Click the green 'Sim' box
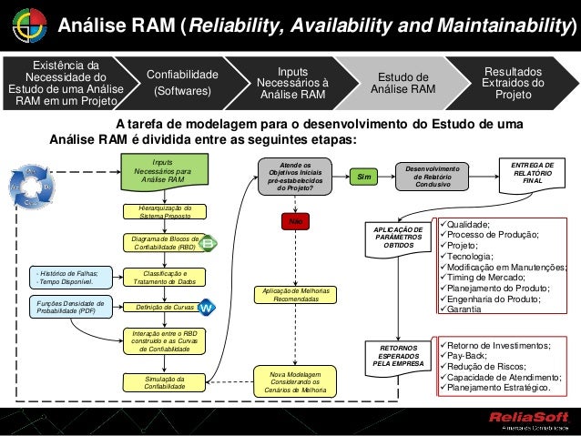coord(364,177)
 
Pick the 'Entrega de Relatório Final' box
coord(533,171)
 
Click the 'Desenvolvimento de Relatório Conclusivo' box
coord(432,176)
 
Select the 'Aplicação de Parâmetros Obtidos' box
coord(398,238)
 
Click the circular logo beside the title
coord(25,26)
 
